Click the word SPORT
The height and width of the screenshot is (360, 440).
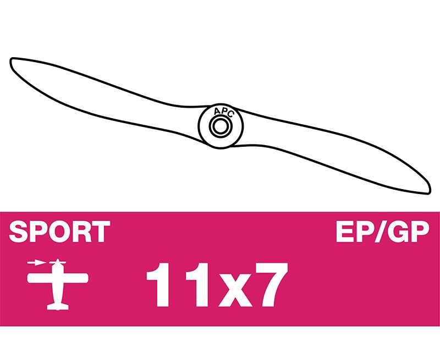pos(59,231)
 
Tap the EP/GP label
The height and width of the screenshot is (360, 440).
pos(382,231)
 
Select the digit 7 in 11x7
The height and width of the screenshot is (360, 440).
pos(270,285)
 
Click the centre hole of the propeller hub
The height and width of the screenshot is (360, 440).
pos(221,126)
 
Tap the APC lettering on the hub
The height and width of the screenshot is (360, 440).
pos(223,112)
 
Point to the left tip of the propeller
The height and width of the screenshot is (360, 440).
pos(11,60)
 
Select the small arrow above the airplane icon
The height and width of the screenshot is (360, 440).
pos(36,263)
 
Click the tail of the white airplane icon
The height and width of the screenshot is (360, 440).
pos(58,306)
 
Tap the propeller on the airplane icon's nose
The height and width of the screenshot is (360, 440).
pos(58,262)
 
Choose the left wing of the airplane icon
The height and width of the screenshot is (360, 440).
pos(40,278)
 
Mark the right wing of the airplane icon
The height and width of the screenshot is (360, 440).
pos(76,278)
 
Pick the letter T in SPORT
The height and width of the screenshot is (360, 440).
pos(100,231)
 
